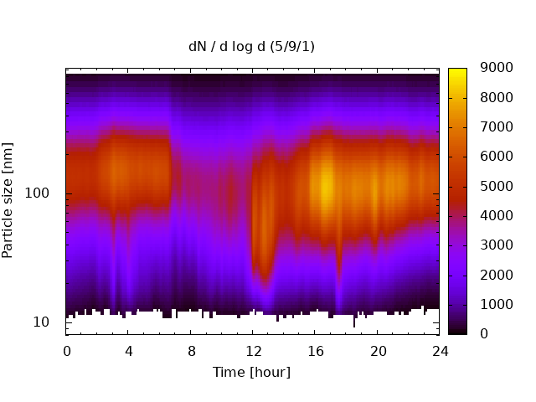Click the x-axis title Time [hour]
[251, 372]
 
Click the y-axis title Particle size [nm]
[8, 200]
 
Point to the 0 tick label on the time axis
[67, 351]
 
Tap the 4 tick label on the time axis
[128, 351]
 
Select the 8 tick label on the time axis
[192, 351]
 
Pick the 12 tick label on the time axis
[254, 351]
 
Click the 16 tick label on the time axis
[316, 351]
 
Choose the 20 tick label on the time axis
[378, 351]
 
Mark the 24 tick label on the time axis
[440, 351]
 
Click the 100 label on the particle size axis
[37, 193]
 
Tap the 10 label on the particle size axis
[41, 322]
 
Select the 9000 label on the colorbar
[497, 68]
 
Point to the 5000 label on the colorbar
[497, 186]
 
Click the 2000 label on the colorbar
[497, 275]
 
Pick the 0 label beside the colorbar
[484, 333]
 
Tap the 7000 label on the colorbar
[497, 126]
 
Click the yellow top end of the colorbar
[457, 70]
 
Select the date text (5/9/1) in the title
[292, 47]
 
